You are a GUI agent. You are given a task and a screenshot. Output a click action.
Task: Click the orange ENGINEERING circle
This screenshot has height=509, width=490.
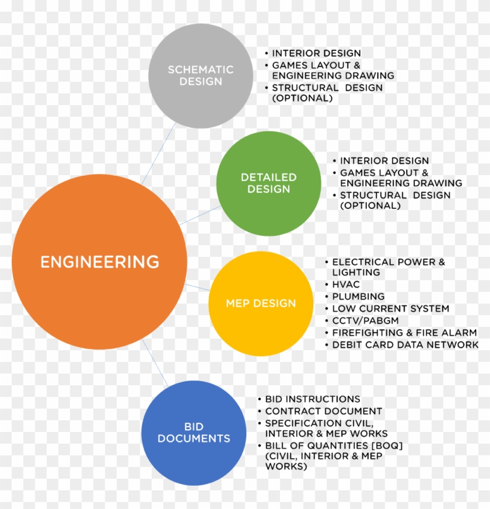(x=99, y=262)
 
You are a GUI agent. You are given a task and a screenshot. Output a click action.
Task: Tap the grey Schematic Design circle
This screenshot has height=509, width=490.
(x=201, y=76)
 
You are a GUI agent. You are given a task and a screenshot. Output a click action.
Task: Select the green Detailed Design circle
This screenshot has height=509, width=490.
(x=269, y=183)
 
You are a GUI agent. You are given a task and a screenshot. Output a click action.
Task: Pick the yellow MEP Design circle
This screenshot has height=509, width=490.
(x=261, y=304)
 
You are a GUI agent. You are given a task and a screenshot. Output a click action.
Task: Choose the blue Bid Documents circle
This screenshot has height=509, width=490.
(x=194, y=433)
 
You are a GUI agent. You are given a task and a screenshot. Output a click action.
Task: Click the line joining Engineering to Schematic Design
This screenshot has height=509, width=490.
(x=158, y=154)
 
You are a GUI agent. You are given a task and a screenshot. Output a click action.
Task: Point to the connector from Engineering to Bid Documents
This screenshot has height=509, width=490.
(x=155, y=362)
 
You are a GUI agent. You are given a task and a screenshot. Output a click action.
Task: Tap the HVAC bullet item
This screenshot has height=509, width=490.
(x=346, y=284)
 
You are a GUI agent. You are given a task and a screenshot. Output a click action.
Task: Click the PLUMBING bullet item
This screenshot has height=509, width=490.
(x=358, y=297)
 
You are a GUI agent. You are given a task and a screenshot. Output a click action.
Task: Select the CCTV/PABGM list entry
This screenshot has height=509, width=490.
(x=365, y=320)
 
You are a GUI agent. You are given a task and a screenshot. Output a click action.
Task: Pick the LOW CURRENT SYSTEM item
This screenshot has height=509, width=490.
(x=391, y=308)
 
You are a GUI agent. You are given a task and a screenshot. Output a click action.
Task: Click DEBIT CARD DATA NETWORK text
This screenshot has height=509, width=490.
(x=405, y=344)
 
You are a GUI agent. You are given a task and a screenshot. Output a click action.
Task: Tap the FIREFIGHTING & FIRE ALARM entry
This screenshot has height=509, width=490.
(x=405, y=332)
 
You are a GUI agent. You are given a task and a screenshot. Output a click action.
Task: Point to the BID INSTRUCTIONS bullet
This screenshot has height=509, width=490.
(x=313, y=399)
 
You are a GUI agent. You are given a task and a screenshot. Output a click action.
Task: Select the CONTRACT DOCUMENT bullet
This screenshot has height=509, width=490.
(x=324, y=411)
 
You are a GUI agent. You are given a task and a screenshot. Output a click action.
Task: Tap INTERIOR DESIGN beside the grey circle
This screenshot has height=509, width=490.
(x=316, y=53)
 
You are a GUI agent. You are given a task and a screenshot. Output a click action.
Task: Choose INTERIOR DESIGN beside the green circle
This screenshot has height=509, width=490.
(x=384, y=161)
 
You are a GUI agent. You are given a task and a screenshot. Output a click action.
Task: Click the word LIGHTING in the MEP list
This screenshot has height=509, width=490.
(x=356, y=272)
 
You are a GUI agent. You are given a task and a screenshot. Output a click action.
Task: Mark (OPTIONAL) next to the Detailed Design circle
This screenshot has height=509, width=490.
(x=370, y=205)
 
